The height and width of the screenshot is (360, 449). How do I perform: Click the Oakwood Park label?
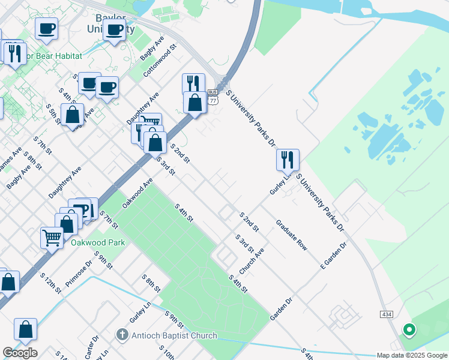(x=98, y=242)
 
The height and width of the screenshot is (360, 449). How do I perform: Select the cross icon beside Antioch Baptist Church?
(x=122, y=334)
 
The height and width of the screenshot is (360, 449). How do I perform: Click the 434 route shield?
(x=386, y=314)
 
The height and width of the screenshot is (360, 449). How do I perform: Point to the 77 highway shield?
(x=213, y=100)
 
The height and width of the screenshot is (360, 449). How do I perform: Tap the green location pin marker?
(x=409, y=329)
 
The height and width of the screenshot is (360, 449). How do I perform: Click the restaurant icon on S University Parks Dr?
(x=288, y=159)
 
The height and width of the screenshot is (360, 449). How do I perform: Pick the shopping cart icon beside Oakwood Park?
(x=52, y=238)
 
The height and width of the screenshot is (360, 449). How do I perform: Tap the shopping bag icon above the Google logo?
(x=25, y=329)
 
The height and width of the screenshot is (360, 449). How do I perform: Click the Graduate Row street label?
(x=292, y=235)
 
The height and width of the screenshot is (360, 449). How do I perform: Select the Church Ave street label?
(x=252, y=262)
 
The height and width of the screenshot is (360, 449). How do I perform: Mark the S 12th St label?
(x=51, y=283)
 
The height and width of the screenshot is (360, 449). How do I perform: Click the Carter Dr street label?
(x=91, y=348)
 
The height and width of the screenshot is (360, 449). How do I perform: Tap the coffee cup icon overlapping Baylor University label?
(x=114, y=30)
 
